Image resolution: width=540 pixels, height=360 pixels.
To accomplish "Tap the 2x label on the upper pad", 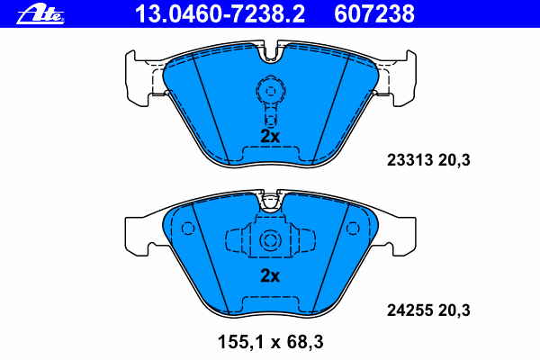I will (270, 136).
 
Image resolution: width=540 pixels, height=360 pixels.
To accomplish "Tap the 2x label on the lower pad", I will (270, 276).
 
